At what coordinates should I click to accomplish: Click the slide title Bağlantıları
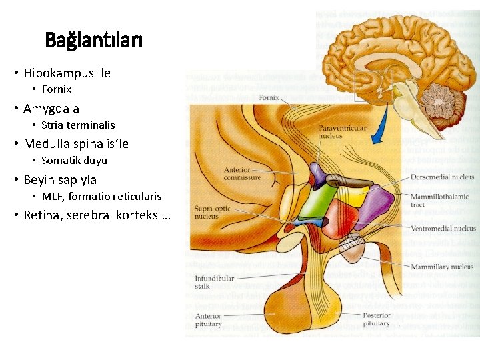[x=93, y=41]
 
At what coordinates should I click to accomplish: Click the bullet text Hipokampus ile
[x=67, y=73]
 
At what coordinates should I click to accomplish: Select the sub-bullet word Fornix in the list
[x=56, y=89]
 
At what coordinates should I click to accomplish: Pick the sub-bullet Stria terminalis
[x=78, y=125]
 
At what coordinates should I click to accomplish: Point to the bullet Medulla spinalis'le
[x=76, y=144]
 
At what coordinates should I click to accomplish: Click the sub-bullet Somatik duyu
[x=74, y=161]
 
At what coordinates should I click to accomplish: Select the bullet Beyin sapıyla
[x=60, y=180]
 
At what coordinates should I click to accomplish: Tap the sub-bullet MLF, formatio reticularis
[x=101, y=197]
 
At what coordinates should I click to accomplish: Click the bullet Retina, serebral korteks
[x=97, y=216]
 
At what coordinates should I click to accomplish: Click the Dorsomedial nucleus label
[x=443, y=178]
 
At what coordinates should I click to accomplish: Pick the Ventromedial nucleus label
[x=443, y=229]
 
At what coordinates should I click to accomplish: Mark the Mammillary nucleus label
[x=442, y=267]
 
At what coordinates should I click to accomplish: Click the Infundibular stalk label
[x=213, y=281]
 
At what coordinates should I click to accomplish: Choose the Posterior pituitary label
[x=377, y=319]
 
